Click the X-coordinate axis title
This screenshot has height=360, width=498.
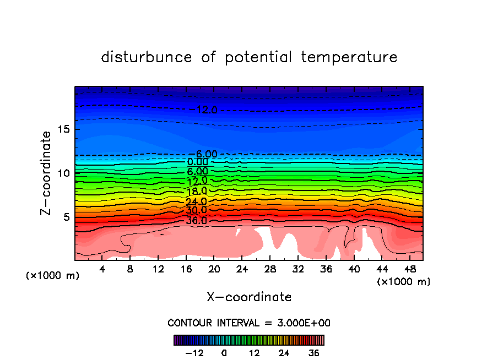pyautogui.click(x=249, y=297)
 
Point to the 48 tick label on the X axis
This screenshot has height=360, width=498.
pyautogui.click(x=409, y=270)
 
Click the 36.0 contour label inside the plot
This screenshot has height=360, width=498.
pyautogui.click(x=196, y=221)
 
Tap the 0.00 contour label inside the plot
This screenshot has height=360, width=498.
pyautogui.click(x=197, y=162)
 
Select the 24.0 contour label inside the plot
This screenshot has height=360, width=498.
pyautogui.click(x=196, y=201)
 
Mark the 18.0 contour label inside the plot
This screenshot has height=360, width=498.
pyautogui.click(x=196, y=191)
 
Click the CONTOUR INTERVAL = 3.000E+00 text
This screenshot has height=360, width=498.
pyautogui.click(x=249, y=323)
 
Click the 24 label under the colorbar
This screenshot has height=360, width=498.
pyautogui.click(x=284, y=353)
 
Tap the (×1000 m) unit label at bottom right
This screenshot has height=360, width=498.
pyautogui.click(x=404, y=282)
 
